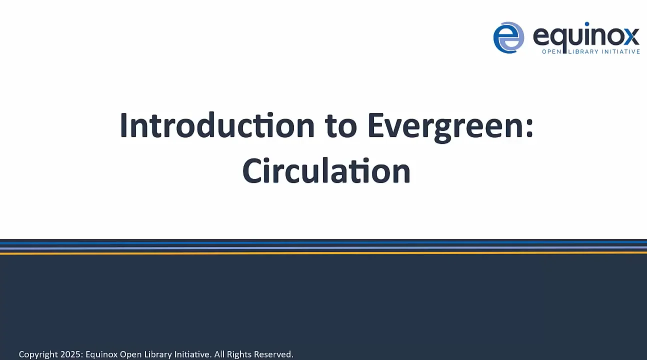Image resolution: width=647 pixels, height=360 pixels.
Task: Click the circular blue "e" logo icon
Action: [508, 37]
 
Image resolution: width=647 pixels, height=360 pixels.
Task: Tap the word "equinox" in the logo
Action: [586, 36]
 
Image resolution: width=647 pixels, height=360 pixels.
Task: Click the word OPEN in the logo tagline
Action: [553, 51]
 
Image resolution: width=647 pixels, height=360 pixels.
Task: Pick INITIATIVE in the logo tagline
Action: [621, 51]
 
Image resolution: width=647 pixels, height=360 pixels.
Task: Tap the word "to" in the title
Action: [341, 125]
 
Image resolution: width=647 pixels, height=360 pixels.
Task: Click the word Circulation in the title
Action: [326, 170]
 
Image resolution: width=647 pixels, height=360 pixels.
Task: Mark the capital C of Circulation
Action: [253, 171]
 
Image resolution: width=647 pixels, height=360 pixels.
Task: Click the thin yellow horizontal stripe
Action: [323, 253]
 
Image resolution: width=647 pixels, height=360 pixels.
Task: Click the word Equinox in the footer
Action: [101, 354]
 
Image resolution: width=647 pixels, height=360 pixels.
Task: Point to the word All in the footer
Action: [219, 354]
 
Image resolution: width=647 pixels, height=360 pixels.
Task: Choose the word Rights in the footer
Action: [239, 354]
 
